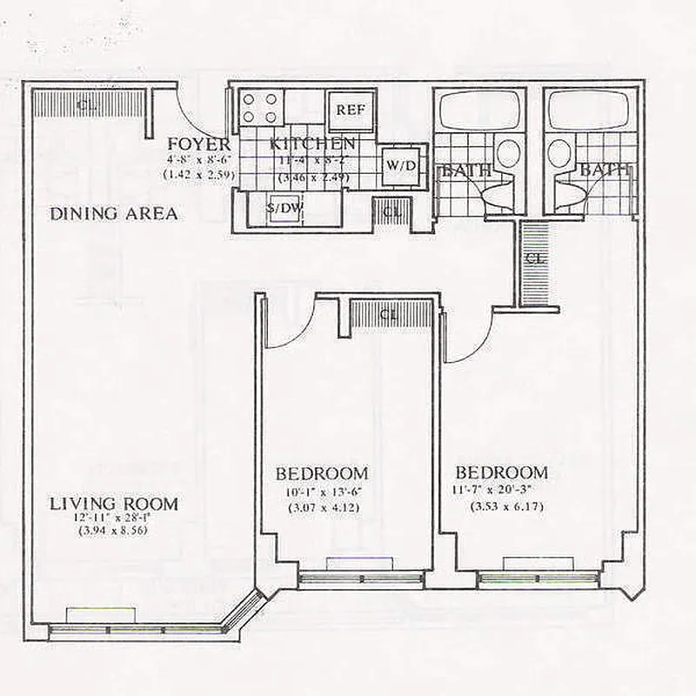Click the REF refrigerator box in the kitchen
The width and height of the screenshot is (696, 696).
click(x=351, y=110)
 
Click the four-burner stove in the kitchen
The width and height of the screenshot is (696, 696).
click(x=259, y=108)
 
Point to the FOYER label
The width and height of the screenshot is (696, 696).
click(x=199, y=144)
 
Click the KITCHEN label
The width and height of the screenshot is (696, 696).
click(x=312, y=144)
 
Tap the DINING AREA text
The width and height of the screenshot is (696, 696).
click(x=114, y=214)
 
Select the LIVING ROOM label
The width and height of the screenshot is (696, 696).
click(x=114, y=504)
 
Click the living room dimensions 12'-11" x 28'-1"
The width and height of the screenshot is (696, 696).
click(x=114, y=518)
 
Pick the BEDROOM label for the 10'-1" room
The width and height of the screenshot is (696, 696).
click(x=322, y=474)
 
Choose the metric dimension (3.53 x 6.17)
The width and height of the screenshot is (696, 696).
click(x=506, y=506)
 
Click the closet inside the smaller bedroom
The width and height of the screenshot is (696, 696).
click(x=390, y=315)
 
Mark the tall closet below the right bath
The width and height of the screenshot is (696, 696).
click(x=535, y=261)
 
